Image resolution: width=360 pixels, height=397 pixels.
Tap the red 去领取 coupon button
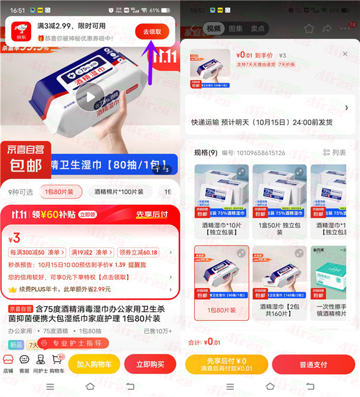152,32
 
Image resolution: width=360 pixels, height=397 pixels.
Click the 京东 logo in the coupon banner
21,31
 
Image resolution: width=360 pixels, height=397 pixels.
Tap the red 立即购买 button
151,364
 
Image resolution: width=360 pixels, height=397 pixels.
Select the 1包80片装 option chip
61,192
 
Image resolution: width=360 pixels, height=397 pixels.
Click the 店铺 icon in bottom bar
8,363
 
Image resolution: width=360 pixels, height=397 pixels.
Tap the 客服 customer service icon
24,363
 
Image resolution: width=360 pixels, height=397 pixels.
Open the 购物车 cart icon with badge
57,363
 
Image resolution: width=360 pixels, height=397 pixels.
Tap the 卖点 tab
257,28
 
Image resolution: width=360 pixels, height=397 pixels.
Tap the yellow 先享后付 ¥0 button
227,364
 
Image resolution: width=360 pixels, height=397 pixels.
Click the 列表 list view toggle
335,153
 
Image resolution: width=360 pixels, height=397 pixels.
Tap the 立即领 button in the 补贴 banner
87,215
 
